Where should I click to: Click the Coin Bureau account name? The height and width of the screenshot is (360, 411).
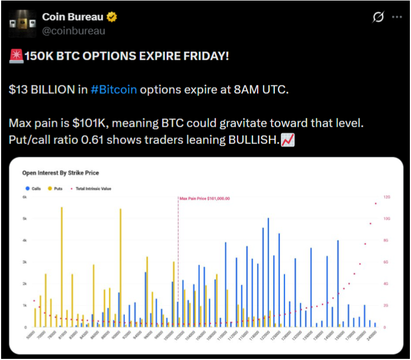click(x=72, y=17)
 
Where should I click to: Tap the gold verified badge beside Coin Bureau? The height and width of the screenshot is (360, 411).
click(x=112, y=17)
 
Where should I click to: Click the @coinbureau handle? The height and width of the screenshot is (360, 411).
click(x=74, y=31)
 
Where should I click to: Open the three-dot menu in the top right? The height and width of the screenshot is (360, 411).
click(x=397, y=17)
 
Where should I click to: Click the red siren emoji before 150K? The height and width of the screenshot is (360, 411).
click(x=16, y=57)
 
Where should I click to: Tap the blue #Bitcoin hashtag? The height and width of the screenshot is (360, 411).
click(x=114, y=90)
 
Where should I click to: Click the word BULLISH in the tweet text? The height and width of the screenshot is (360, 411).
click(x=252, y=140)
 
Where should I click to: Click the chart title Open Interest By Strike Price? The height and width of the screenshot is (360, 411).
click(x=60, y=173)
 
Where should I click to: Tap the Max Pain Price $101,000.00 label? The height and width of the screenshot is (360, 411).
click(x=205, y=198)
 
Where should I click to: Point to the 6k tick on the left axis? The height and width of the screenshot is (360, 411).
click(x=24, y=197)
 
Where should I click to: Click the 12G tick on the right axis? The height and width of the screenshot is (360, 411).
click(x=386, y=197)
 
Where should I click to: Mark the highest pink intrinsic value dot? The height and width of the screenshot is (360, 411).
click(x=375, y=204)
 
